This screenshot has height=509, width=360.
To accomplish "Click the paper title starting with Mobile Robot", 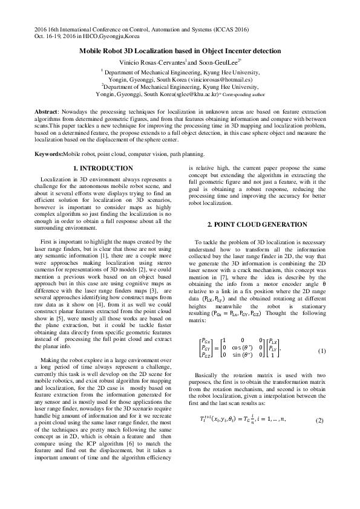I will click(x=180, y=53).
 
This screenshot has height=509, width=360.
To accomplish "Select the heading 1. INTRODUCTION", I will click(x=103, y=167).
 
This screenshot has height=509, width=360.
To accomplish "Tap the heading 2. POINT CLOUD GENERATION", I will click(x=257, y=225).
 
